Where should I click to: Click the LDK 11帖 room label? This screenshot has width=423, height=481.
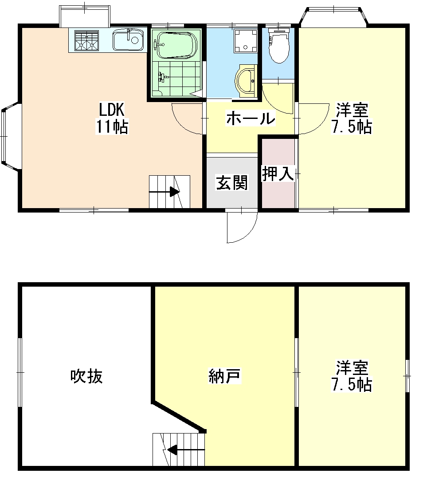[112, 118]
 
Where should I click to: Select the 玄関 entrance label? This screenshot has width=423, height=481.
[232, 182]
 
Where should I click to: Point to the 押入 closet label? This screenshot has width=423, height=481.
[278, 173]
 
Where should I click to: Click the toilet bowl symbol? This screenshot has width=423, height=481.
[279, 46]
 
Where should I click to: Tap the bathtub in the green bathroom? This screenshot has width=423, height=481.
[175, 44]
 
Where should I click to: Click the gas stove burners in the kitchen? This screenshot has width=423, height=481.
[86, 40]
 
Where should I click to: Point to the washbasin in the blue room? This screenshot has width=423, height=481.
[247, 81]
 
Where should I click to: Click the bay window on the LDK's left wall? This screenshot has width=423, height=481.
[8, 137]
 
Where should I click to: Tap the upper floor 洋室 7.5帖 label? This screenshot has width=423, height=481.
[352, 376]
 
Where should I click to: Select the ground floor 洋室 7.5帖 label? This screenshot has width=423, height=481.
[352, 118]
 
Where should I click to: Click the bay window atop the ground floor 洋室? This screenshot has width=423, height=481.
[333, 16]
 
